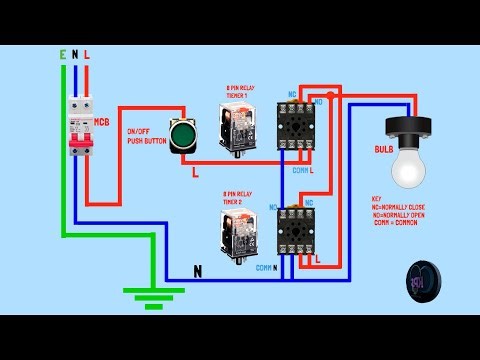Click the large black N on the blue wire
tap(198, 270)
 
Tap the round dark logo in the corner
tap(425, 281)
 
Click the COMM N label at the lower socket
tap(265, 268)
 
